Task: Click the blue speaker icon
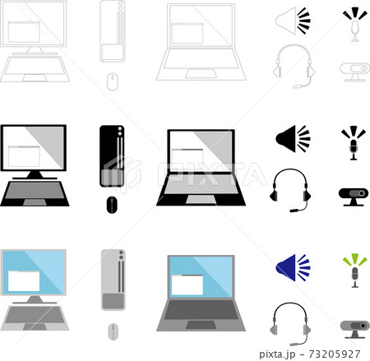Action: (x=293, y=267)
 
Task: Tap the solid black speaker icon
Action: (x=293, y=138)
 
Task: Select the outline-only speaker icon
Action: (x=293, y=21)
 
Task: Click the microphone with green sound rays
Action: (x=354, y=271)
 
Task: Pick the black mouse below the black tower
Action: (x=112, y=205)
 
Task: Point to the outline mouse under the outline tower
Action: (x=112, y=81)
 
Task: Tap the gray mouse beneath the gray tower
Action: (x=113, y=331)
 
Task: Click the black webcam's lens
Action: (x=362, y=193)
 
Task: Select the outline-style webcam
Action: (x=354, y=72)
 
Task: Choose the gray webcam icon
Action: (x=354, y=330)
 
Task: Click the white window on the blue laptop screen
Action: (x=187, y=285)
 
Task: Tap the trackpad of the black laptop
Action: (x=201, y=200)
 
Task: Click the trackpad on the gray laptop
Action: (x=201, y=325)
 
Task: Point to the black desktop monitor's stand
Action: (x=35, y=174)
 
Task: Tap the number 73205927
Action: (x=335, y=354)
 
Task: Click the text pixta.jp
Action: (x=277, y=354)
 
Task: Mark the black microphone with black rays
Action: (x=354, y=143)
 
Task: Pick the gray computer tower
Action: (x=113, y=280)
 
